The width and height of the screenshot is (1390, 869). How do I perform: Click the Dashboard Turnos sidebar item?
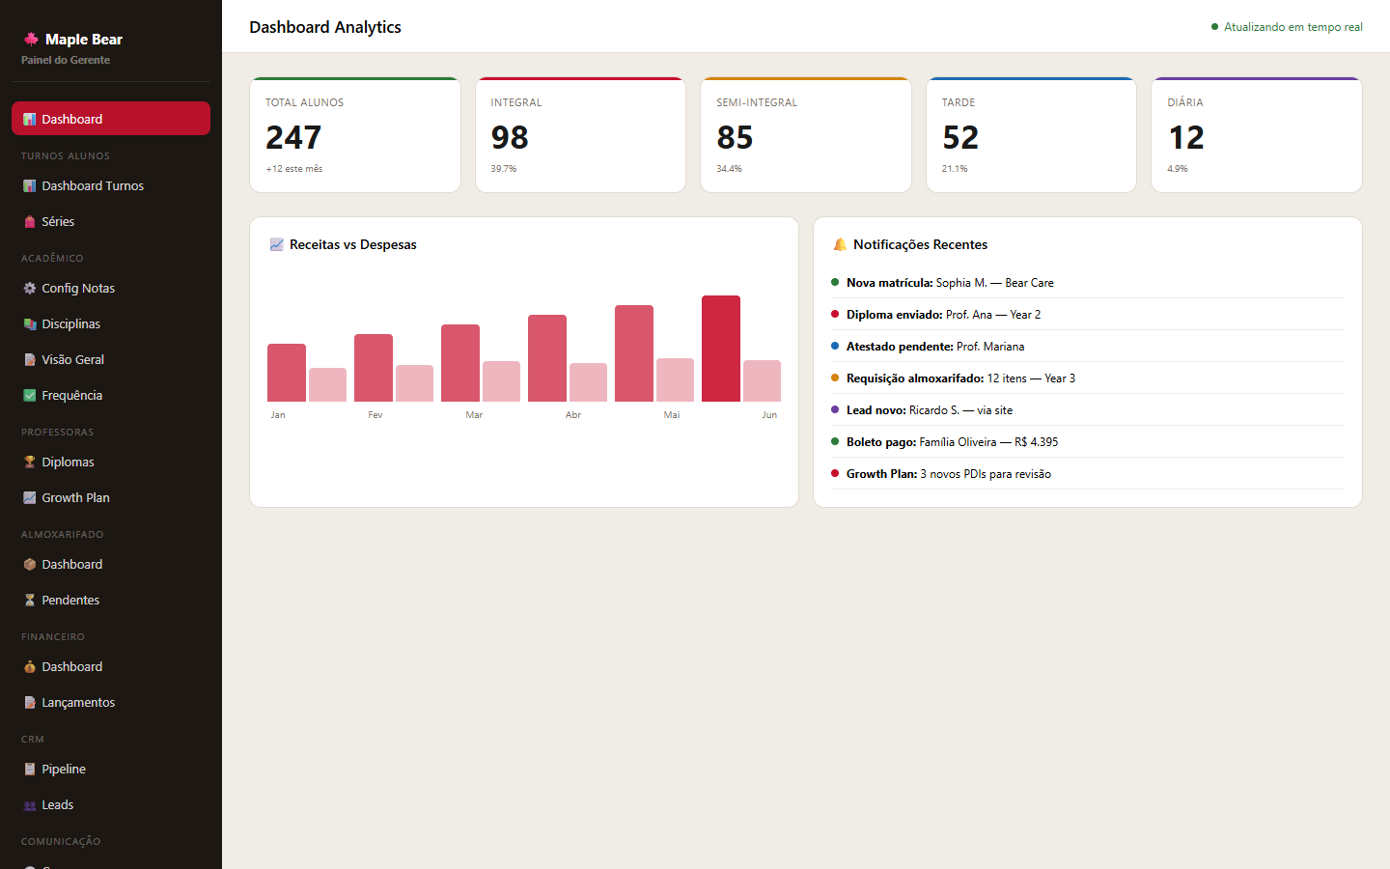[x=93, y=186]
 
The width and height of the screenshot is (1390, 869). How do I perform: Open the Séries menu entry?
[x=58, y=222]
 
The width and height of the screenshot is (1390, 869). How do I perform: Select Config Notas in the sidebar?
[x=78, y=289]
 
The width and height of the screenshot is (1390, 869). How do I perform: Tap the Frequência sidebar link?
[x=71, y=396]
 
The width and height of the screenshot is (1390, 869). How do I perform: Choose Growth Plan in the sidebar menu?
[x=75, y=498]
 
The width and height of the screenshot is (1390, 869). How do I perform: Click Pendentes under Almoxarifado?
[x=70, y=601]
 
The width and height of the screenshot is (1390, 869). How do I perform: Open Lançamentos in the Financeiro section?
[x=78, y=703]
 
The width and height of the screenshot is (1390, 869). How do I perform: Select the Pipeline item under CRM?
[x=64, y=770]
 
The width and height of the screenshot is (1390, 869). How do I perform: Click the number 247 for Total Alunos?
[x=293, y=138]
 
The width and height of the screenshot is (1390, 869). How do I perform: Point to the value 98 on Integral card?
[x=510, y=138]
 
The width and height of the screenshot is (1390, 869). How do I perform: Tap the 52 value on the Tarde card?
[x=960, y=138]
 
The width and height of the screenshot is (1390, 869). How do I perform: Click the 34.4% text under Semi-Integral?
[x=729, y=169]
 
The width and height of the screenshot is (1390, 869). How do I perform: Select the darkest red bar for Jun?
[x=721, y=349]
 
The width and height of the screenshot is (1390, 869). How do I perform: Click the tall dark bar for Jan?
[x=287, y=373]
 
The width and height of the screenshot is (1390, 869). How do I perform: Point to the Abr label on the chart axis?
[x=573, y=415]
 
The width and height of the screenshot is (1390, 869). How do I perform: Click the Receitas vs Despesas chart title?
[x=353, y=245]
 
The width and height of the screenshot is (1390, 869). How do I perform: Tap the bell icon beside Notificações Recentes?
[x=840, y=245]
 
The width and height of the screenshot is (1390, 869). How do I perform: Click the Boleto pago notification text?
[x=952, y=442]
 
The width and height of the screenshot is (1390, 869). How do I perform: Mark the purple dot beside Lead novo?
[x=835, y=409]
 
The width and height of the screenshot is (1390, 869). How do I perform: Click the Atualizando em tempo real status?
[x=1293, y=27]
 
